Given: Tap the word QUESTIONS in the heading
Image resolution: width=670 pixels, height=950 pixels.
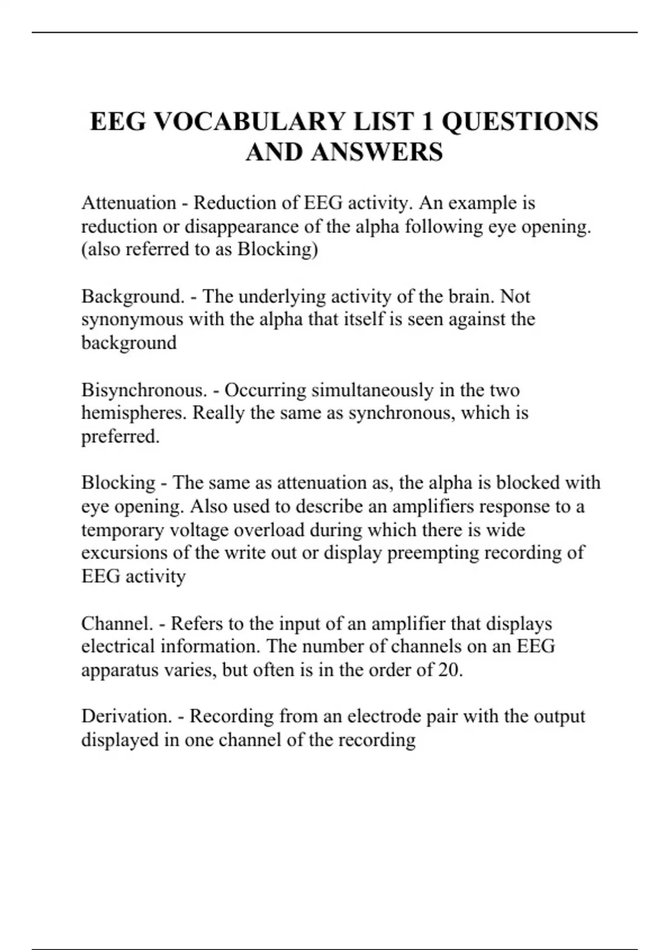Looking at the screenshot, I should click(520, 122).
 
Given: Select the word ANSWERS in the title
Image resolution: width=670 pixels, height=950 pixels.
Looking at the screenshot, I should click(377, 152).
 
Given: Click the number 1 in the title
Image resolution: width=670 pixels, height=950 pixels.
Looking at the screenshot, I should click(428, 122).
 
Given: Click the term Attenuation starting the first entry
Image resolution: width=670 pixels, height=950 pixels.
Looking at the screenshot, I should click(128, 203).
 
